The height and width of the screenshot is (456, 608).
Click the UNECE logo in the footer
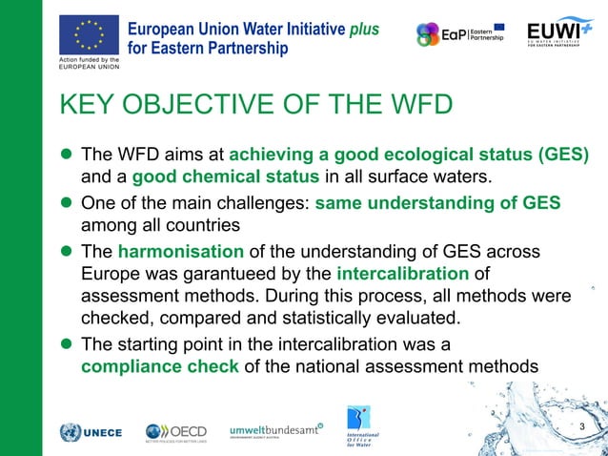click(x=91, y=432)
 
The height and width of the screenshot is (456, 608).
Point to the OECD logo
click(x=176, y=432)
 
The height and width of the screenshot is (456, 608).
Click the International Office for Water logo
click(x=361, y=428)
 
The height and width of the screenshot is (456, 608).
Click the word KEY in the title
click(x=89, y=105)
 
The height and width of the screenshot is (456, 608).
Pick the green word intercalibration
click(x=402, y=275)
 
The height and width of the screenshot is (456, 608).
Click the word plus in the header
click(x=363, y=29)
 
